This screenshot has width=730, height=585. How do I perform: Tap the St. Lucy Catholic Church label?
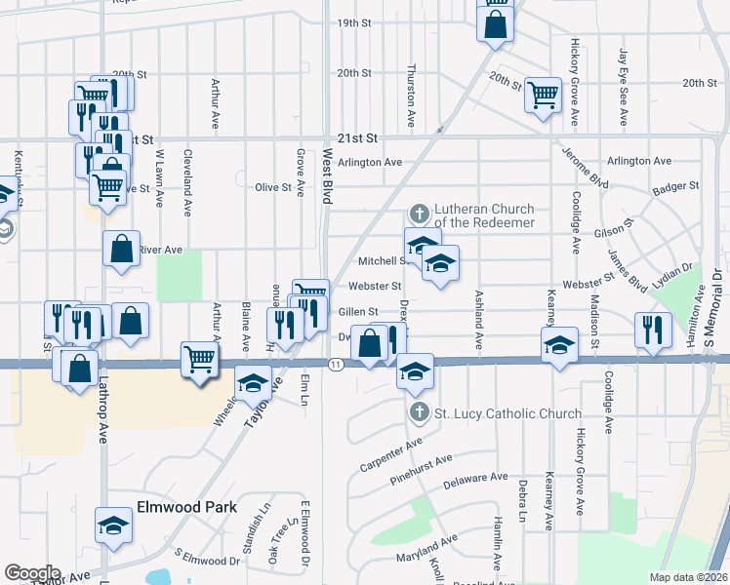click(507, 413)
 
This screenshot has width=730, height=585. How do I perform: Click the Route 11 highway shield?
click(336, 364)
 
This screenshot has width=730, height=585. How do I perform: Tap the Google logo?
click(32, 572)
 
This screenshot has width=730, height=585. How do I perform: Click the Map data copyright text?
click(687, 577)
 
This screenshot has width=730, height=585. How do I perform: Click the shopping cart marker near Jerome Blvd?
click(543, 95)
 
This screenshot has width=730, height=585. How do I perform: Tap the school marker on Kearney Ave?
click(559, 345)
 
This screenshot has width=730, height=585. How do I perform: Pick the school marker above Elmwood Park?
click(114, 525)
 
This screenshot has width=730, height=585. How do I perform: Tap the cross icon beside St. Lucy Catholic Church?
click(421, 412)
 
